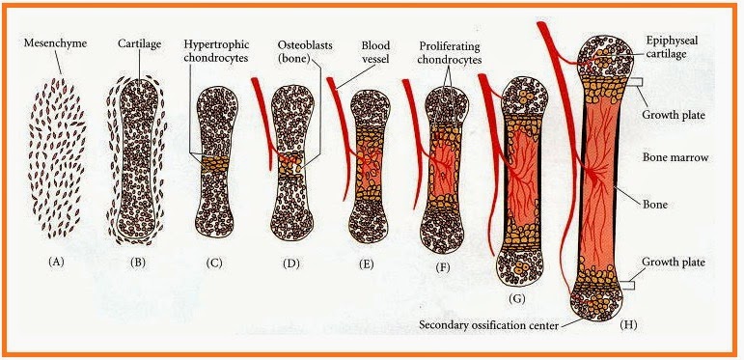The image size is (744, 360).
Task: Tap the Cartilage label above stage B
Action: (x=140, y=44)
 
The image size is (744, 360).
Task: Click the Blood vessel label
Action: (x=375, y=51)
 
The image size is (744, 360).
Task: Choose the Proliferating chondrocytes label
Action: (x=450, y=53)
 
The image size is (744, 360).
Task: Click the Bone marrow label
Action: (x=675, y=157)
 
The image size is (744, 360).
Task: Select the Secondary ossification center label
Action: (x=488, y=325)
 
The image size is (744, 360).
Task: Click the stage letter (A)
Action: (x=57, y=262)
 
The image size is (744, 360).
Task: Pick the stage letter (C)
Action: (x=214, y=263)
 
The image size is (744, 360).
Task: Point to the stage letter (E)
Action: (x=366, y=264)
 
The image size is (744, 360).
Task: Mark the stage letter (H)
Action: (x=628, y=325)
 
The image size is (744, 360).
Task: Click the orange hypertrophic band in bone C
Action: (x=214, y=164)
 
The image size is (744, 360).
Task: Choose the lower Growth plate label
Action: (x=673, y=263)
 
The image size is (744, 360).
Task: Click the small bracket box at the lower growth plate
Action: (x=628, y=285)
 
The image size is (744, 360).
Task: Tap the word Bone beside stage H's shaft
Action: (x=655, y=205)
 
